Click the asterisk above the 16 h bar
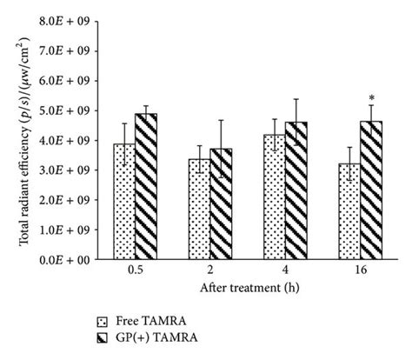tap(371, 98)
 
